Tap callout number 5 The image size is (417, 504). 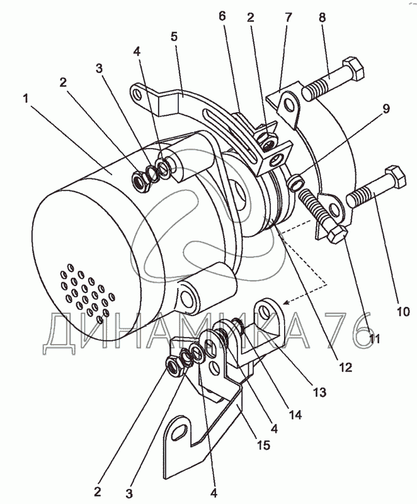click(x=174, y=37)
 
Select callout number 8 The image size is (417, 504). click(x=322, y=18)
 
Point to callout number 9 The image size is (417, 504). click(x=386, y=108)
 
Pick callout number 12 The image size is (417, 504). click(x=345, y=367)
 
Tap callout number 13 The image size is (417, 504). click(x=319, y=392)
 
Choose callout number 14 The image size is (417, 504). click(x=295, y=415)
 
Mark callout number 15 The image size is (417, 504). click(x=263, y=445)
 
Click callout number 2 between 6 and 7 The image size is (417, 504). click(x=251, y=18)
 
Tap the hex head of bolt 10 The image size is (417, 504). click(x=396, y=176)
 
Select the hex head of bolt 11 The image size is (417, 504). click(x=337, y=234)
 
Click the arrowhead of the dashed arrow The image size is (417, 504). click(x=286, y=302)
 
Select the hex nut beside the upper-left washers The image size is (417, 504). click(x=140, y=182)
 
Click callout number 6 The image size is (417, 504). click(x=222, y=16)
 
